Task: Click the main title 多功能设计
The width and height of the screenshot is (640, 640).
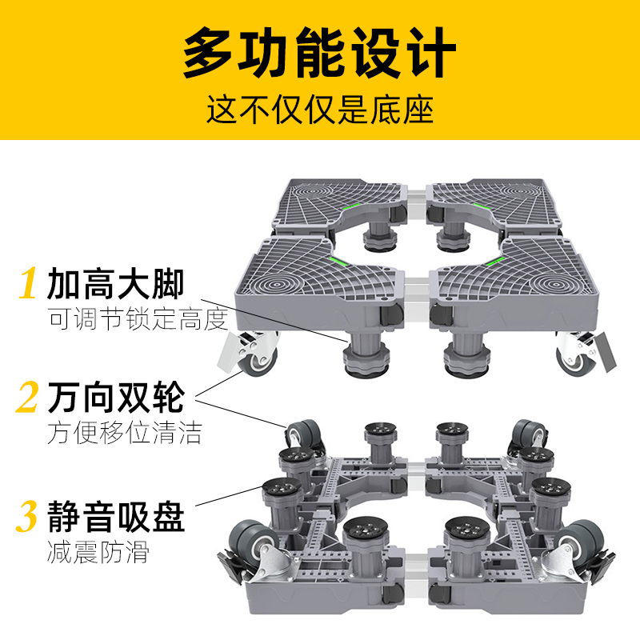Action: (319, 54)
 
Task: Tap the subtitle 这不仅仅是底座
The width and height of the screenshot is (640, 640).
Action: (319, 109)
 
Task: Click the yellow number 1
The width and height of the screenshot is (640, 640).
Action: (29, 285)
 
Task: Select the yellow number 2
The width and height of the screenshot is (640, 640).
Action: (28, 398)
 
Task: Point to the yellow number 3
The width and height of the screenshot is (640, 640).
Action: (28, 517)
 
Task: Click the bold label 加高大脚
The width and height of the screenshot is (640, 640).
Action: (116, 284)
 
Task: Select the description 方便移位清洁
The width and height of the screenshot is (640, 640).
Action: (124, 433)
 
